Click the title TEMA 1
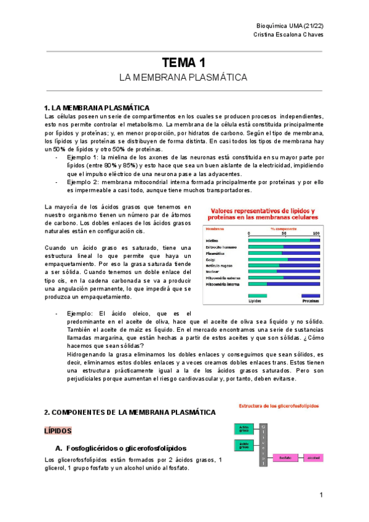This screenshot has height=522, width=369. coord(183,62)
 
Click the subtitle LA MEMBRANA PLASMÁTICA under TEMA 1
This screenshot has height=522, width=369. coord(183,78)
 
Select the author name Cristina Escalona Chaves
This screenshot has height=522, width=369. coord(288,34)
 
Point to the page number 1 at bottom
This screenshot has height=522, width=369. coord(321,496)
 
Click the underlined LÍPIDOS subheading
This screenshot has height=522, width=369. coord(58,430)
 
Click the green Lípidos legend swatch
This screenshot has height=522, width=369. coord(258,295)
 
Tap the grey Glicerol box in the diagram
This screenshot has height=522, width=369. coord(263,443)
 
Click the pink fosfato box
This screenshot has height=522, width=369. coord(285,457)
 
